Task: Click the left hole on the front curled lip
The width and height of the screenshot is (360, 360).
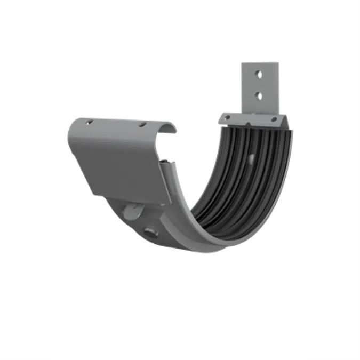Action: (x=90, y=122)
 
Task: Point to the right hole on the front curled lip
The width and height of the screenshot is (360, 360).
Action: (x=142, y=125)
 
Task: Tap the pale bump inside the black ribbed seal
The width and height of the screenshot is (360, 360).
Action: (x=250, y=158)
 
